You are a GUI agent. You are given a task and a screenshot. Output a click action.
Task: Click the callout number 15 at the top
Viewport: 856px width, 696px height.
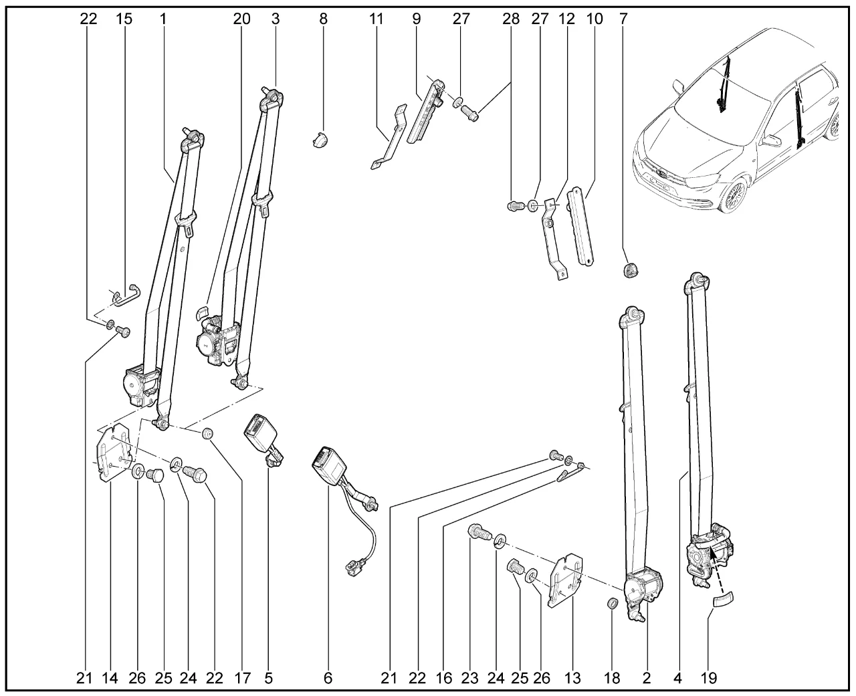[x=124, y=19]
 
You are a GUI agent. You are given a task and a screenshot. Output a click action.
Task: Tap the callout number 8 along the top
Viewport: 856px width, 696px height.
[x=323, y=19]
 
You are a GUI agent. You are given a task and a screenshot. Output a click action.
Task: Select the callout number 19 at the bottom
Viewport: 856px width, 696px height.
[x=709, y=678]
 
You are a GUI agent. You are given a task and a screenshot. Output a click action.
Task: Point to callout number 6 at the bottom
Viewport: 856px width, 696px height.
[x=328, y=678]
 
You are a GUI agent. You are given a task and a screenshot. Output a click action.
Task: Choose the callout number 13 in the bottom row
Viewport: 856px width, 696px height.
[x=573, y=678]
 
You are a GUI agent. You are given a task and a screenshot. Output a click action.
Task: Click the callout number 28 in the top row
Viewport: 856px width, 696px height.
[x=511, y=19]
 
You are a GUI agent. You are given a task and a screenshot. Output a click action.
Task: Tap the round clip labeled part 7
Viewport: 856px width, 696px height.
[x=631, y=270]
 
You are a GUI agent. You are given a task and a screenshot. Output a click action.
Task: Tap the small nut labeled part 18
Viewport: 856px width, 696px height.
[x=611, y=604]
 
